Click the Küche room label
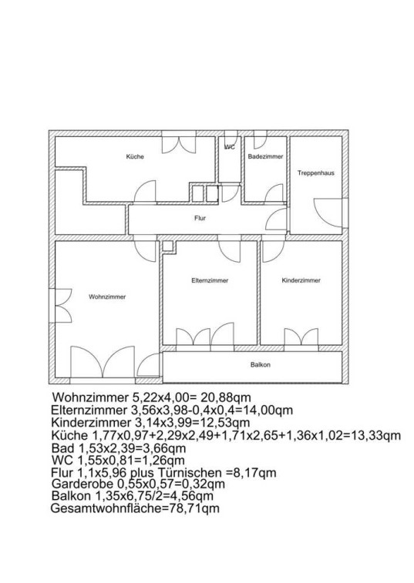[x=135, y=156]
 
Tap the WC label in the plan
[x=230, y=147]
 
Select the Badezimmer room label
[x=265, y=156]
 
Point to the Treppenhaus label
[x=316, y=173]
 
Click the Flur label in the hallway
[x=200, y=218]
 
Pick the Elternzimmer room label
[x=210, y=280]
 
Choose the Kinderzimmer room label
[x=301, y=280]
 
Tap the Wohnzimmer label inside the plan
[x=107, y=297]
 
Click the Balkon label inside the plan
[x=261, y=365]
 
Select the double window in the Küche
[x=179, y=145]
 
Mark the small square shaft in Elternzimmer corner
[x=168, y=246]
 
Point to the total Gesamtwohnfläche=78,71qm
[x=135, y=508]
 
